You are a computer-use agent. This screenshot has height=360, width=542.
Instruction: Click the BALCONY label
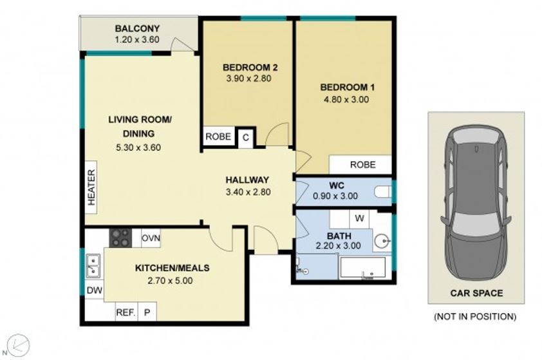pyautogui.click(x=137, y=28)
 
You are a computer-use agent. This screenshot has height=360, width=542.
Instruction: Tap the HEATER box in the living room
pyautogui.click(x=91, y=187)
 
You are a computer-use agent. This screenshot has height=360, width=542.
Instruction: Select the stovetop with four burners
pyautogui.click(x=120, y=238)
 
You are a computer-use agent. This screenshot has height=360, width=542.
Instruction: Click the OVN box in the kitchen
pyautogui.click(x=151, y=238)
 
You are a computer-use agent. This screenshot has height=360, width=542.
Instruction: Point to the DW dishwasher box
pyautogui.click(x=95, y=290)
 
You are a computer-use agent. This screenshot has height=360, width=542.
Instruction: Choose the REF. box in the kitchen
pyautogui.click(x=126, y=312)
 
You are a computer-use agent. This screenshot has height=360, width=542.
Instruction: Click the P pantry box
pyautogui.click(x=147, y=312)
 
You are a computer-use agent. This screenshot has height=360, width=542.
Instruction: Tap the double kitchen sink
pyautogui.click(x=93, y=266)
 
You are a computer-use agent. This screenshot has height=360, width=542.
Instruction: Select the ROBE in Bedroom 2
pyautogui.click(x=218, y=137)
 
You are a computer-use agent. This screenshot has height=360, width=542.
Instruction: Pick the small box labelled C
pyautogui.click(x=246, y=138)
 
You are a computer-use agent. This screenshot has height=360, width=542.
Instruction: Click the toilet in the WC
pyautogui.click(x=382, y=192)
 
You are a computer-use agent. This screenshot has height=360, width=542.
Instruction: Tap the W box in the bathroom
pyautogui.click(x=359, y=218)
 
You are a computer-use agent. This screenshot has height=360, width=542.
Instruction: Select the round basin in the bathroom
pyautogui.click(x=382, y=240)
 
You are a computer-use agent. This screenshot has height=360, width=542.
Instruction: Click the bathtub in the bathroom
pyautogui.click(x=362, y=268)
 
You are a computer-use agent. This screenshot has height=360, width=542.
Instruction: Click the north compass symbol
pyautogui.click(x=18, y=345)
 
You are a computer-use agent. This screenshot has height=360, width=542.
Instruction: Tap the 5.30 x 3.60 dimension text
pyautogui.click(x=138, y=147)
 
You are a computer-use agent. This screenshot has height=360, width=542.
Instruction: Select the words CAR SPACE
pyautogui.click(x=476, y=293)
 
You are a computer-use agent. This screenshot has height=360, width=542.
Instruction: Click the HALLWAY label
pyautogui.click(x=247, y=180)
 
